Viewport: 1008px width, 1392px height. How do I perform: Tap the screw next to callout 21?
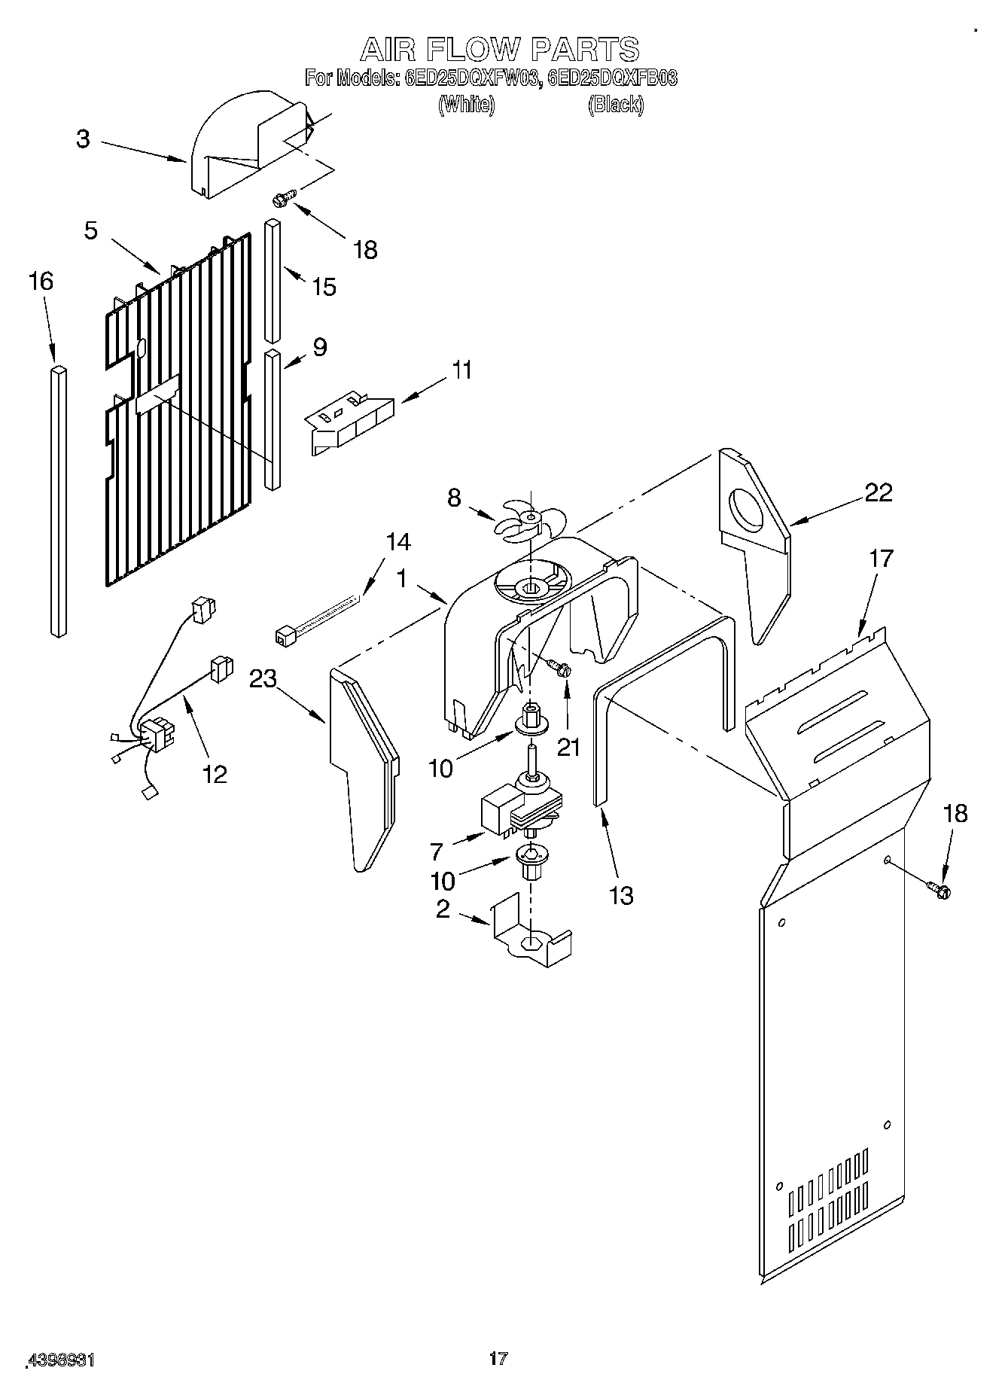click(559, 667)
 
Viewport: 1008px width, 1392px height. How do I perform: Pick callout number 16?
click(41, 282)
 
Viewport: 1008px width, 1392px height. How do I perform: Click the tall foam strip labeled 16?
click(58, 501)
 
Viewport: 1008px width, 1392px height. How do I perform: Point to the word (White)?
click(466, 105)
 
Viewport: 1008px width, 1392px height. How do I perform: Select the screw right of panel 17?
click(939, 890)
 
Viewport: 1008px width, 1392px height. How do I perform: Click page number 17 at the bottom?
click(498, 1358)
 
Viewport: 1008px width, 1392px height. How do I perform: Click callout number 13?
click(621, 896)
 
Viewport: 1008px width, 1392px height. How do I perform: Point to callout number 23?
click(263, 679)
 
